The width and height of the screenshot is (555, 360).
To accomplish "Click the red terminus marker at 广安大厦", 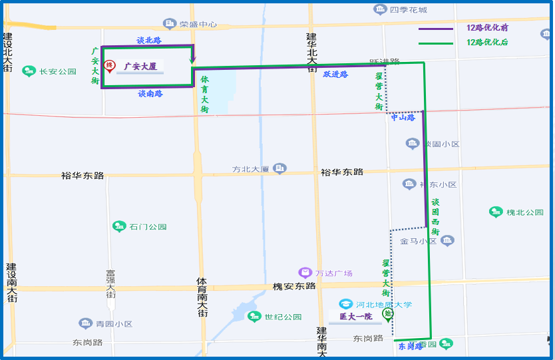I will [110, 67].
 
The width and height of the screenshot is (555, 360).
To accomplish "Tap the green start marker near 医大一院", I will [387, 314].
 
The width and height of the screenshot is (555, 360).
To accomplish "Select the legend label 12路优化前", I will [487, 28].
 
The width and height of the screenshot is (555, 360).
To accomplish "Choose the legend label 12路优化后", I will [487, 42].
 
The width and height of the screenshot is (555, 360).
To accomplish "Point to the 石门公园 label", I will [148, 226].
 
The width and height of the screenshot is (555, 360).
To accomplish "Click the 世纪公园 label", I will [283, 317].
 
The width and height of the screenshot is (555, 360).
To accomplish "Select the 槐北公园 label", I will [524, 212].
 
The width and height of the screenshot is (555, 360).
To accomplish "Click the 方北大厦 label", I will [250, 169].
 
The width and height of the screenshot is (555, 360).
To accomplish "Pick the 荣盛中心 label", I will [198, 25].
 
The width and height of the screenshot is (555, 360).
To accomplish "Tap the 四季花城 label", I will [408, 10].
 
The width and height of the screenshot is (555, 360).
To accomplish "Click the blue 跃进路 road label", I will [335, 75].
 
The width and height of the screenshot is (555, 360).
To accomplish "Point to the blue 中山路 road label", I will [403, 118].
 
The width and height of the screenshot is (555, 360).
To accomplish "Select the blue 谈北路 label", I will [149, 41].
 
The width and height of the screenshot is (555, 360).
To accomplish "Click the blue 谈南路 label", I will [150, 94].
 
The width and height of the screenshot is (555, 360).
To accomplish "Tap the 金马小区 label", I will [418, 242].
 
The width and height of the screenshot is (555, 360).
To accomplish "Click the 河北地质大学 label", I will [384, 305].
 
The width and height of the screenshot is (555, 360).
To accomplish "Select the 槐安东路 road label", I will [294, 286].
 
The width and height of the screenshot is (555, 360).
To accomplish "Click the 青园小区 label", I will [113, 324].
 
